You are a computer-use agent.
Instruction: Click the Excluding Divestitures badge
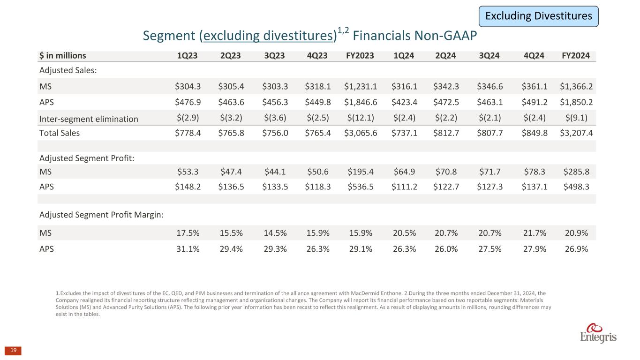[x=538, y=16]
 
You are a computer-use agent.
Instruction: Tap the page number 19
[x=13, y=350]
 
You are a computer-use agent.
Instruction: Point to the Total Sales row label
[x=60, y=133]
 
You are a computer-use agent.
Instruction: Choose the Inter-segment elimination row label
[x=89, y=119]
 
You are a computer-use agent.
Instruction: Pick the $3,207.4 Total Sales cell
[x=576, y=133]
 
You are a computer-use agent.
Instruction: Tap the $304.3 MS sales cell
[x=187, y=86]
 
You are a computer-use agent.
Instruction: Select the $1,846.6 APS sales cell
[x=359, y=102]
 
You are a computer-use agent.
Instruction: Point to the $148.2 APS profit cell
[x=187, y=187]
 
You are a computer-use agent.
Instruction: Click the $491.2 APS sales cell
[x=533, y=102]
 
